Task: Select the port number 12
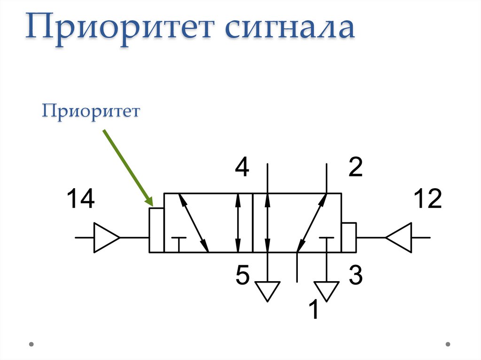tap(427, 199)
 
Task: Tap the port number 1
tap(313, 310)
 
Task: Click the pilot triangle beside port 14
tap(106, 237)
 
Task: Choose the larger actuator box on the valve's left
tap(156, 230)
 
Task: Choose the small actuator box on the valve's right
tap(349, 237)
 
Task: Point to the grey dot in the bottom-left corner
tap(31, 344)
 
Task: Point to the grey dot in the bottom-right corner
tap(449, 344)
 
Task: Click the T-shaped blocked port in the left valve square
tap(178, 242)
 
